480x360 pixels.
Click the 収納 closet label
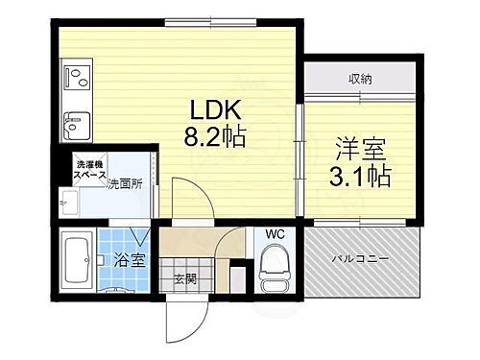tap(360, 79)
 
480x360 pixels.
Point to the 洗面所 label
tap(124, 183)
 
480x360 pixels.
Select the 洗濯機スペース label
tap(89, 171)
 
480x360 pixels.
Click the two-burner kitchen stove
tap(76, 74)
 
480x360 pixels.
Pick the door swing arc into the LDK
tap(187, 200)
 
